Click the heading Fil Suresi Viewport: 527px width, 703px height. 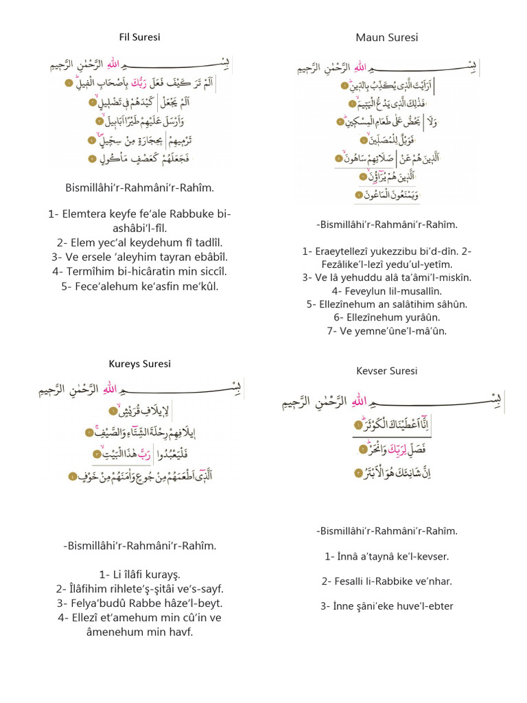coord(139,37)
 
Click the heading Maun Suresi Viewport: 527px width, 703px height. coord(386,37)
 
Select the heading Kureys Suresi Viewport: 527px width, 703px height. coord(139,364)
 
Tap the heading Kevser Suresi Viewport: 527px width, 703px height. coord(386,371)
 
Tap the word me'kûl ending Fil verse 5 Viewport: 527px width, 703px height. coord(201,286)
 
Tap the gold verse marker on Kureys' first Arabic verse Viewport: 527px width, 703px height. coord(112,411)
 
